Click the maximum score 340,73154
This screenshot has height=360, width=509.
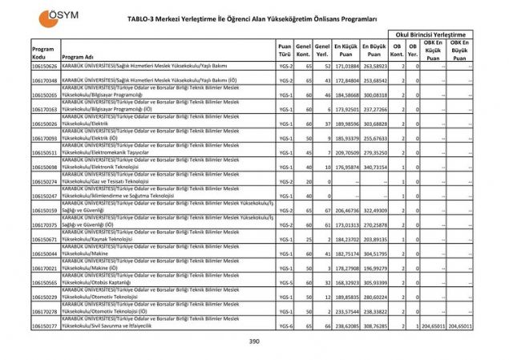(x=376, y=168)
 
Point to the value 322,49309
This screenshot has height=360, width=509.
(x=376, y=210)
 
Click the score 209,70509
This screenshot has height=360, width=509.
(x=346, y=152)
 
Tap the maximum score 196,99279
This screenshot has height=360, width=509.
(x=376, y=268)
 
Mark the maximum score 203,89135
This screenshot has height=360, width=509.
(x=376, y=239)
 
